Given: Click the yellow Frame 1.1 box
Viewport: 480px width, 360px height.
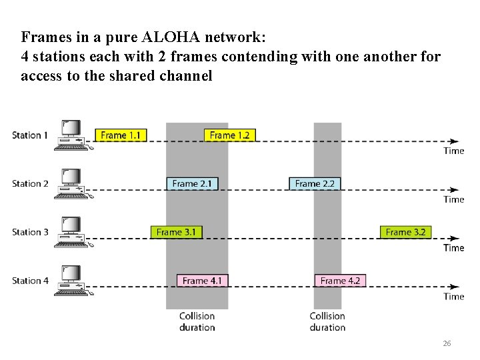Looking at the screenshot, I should click(120, 135).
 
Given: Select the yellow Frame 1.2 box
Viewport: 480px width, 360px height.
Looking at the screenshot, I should click(229, 135).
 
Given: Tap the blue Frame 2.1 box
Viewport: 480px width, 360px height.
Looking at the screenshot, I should click(192, 183).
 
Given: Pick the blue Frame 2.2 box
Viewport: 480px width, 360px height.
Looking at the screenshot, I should click(314, 183).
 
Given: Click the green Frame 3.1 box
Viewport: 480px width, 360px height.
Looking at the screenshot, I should click(176, 232).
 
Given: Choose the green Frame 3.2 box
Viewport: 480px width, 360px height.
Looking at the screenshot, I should click(406, 232).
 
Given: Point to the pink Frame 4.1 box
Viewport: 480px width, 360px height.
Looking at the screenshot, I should click(202, 281).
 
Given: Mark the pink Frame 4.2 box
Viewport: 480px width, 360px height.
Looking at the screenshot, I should click(340, 281).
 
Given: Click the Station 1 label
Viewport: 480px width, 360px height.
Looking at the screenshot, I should click(30, 135).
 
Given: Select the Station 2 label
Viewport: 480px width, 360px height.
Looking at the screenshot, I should click(30, 183).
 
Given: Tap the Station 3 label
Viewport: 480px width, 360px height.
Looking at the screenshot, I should click(30, 232).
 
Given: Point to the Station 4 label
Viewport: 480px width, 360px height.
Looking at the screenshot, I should click(30, 281).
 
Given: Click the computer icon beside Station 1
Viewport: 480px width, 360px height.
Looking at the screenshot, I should click(71, 133).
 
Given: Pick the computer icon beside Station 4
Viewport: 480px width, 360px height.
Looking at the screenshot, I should click(71, 279).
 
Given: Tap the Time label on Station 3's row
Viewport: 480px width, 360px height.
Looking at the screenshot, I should click(454, 248).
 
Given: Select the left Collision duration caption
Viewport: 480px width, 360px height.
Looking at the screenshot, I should click(197, 321).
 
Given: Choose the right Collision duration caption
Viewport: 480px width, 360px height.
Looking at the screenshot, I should click(327, 321).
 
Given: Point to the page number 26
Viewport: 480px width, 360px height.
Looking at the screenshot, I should click(447, 343).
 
